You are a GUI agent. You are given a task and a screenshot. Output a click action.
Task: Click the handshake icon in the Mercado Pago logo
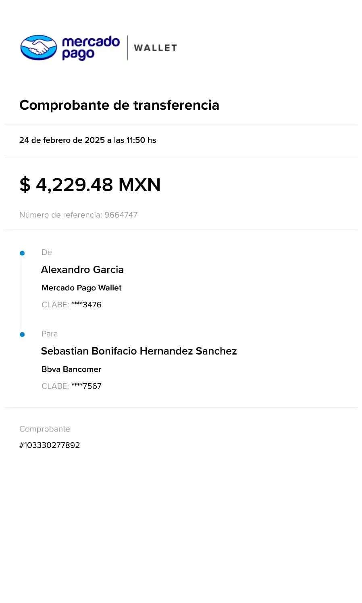click(x=39, y=47)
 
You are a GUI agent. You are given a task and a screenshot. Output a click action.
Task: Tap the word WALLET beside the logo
click(x=155, y=48)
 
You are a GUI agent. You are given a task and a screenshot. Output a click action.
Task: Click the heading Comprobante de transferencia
click(x=119, y=105)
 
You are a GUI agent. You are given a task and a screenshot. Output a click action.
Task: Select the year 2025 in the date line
click(x=95, y=140)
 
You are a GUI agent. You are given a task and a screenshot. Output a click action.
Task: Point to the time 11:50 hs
click(x=141, y=140)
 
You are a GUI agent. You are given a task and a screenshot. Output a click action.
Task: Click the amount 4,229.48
click(x=74, y=185)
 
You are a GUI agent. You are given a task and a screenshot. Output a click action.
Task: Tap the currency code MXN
click(x=140, y=185)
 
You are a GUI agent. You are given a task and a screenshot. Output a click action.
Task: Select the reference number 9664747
click(x=121, y=215)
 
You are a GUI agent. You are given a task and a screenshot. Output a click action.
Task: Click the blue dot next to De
click(x=22, y=253)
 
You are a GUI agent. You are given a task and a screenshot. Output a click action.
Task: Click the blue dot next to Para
click(x=22, y=334)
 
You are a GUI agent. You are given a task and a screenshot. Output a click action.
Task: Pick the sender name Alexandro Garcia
click(x=83, y=270)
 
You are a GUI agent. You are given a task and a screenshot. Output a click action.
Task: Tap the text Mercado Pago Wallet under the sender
click(x=82, y=288)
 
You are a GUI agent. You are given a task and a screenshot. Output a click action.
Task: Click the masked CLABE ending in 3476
click(x=86, y=305)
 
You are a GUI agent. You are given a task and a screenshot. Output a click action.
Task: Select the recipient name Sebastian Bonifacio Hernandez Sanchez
click(x=139, y=351)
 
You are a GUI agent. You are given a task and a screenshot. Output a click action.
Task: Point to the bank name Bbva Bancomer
click(x=72, y=369)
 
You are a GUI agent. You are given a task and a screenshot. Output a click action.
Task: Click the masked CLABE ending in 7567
click(x=86, y=386)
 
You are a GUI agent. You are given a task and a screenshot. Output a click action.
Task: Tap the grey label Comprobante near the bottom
click(x=45, y=429)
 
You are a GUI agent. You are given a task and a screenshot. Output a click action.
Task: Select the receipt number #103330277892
click(x=50, y=445)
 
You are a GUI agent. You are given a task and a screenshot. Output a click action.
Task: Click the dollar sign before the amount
click(x=25, y=185)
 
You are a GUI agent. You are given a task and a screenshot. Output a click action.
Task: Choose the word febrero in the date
click(x=57, y=140)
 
